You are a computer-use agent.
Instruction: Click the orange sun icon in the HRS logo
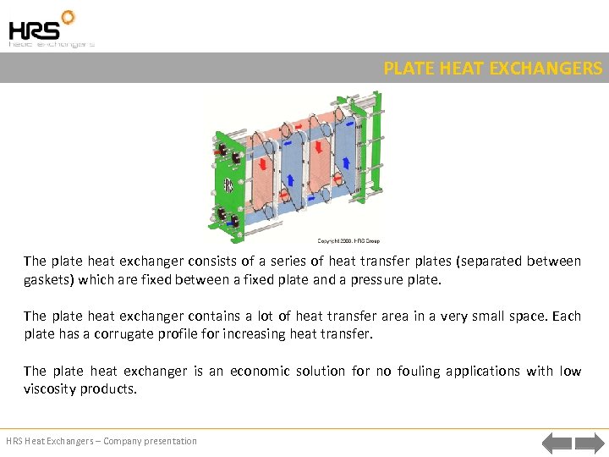tap(67, 17)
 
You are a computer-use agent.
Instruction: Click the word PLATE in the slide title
tap(406, 69)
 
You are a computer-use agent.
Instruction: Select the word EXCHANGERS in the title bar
tap(551, 69)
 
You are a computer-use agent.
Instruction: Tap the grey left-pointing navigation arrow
tap(557, 442)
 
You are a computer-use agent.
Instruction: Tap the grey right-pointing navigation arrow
tap(589, 442)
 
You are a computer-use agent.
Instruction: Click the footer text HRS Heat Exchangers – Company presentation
tap(101, 441)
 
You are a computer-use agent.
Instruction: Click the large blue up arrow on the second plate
tap(289, 179)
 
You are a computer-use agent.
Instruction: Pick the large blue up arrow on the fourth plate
tap(345, 162)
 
